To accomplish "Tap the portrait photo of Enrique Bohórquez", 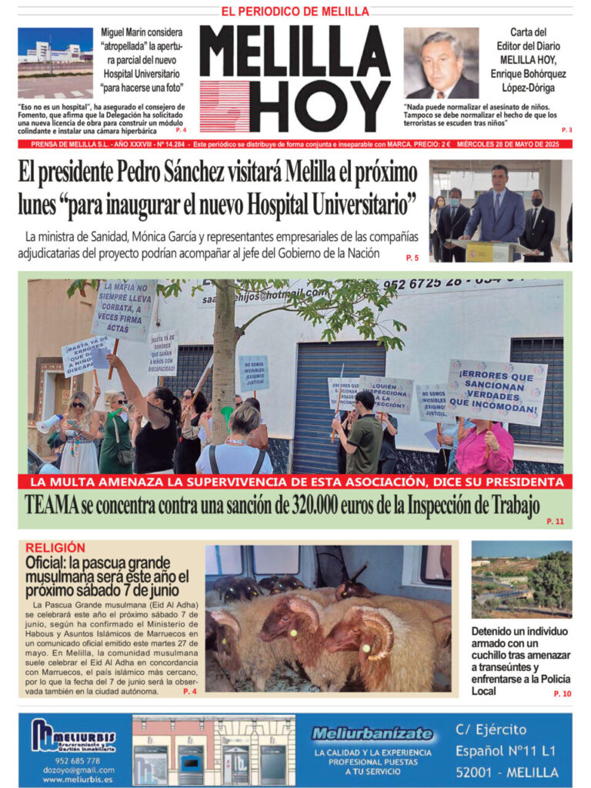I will coord(440,63).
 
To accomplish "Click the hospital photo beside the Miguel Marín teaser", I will coord(55,62).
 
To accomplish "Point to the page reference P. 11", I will coord(555,521).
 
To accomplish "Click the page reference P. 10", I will coord(562,693).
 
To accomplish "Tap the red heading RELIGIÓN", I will coord(55,547).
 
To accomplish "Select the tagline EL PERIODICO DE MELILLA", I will coord(295,12).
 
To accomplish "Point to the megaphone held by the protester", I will coord(48,422).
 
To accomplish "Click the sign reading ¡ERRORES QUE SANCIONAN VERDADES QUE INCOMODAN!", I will coord(496,392).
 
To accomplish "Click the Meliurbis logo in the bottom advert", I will coord(72,735).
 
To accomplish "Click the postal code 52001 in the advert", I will coord(479,771).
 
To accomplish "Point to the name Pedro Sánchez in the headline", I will coord(175,171).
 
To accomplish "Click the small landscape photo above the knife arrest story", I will coord(521,579).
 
